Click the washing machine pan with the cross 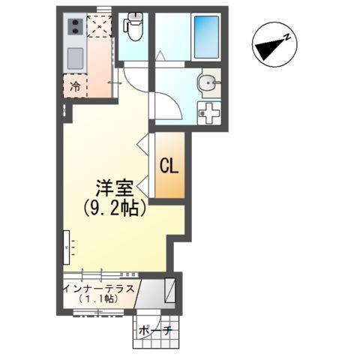(x=208, y=113)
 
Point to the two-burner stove (x=76, y=28)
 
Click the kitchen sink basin (x=76, y=57)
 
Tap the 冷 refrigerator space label (x=76, y=86)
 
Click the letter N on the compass (x=286, y=38)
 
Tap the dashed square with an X (x=100, y=27)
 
